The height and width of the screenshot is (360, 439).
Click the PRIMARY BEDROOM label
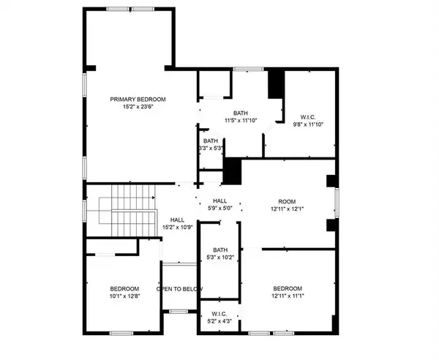coord(138,99)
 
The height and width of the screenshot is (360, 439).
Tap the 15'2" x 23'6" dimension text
coord(138,107)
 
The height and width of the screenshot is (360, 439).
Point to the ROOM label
coord(285,200)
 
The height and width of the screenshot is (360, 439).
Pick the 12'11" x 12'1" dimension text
coord(285,209)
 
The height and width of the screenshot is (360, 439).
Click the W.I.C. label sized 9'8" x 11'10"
coord(307,116)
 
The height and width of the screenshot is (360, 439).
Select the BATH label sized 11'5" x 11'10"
coord(241,113)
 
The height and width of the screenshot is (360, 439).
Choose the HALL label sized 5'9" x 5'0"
coord(219,200)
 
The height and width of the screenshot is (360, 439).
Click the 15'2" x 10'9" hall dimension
coord(176,227)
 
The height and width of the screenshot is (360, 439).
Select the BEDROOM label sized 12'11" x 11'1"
coord(287,288)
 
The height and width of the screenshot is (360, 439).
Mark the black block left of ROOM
coord(232,173)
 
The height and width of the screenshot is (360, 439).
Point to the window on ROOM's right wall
coord(337,203)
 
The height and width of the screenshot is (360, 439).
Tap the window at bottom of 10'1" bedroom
coord(121,334)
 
